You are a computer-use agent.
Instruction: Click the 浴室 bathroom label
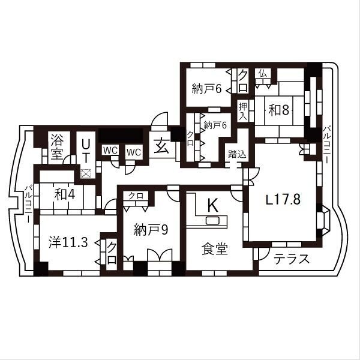(x=56, y=145)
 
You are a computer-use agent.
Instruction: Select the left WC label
(x=110, y=151)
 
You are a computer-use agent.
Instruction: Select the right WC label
(x=133, y=151)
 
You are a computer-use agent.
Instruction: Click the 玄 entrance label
(x=161, y=147)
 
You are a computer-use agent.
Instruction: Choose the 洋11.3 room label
(x=68, y=242)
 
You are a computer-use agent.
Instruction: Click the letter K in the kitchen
(x=212, y=205)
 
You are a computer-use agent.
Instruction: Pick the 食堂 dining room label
(x=214, y=248)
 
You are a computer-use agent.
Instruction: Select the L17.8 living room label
(x=283, y=200)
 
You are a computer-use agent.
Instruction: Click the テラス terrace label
(x=292, y=260)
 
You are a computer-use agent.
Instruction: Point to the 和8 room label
(x=280, y=110)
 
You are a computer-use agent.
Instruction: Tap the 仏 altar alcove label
(x=262, y=73)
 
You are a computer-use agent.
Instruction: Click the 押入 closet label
(x=242, y=112)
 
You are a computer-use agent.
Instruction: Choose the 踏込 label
(x=237, y=154)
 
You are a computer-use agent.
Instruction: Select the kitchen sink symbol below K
(x=213, y=221)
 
